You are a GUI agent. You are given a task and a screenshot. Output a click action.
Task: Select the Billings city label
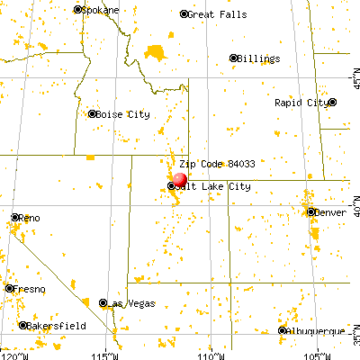(x=258, y=58)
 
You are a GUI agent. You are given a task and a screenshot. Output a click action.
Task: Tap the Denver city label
(x=329, y=212)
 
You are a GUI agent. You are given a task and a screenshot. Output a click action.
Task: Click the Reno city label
(x=30, y=218)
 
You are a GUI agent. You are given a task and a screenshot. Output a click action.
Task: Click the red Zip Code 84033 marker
(x=179, y=179)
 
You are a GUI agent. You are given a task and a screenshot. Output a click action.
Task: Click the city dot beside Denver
(x=310, y=212)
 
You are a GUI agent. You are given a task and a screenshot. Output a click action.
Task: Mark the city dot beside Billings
(x=234, y=58)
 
